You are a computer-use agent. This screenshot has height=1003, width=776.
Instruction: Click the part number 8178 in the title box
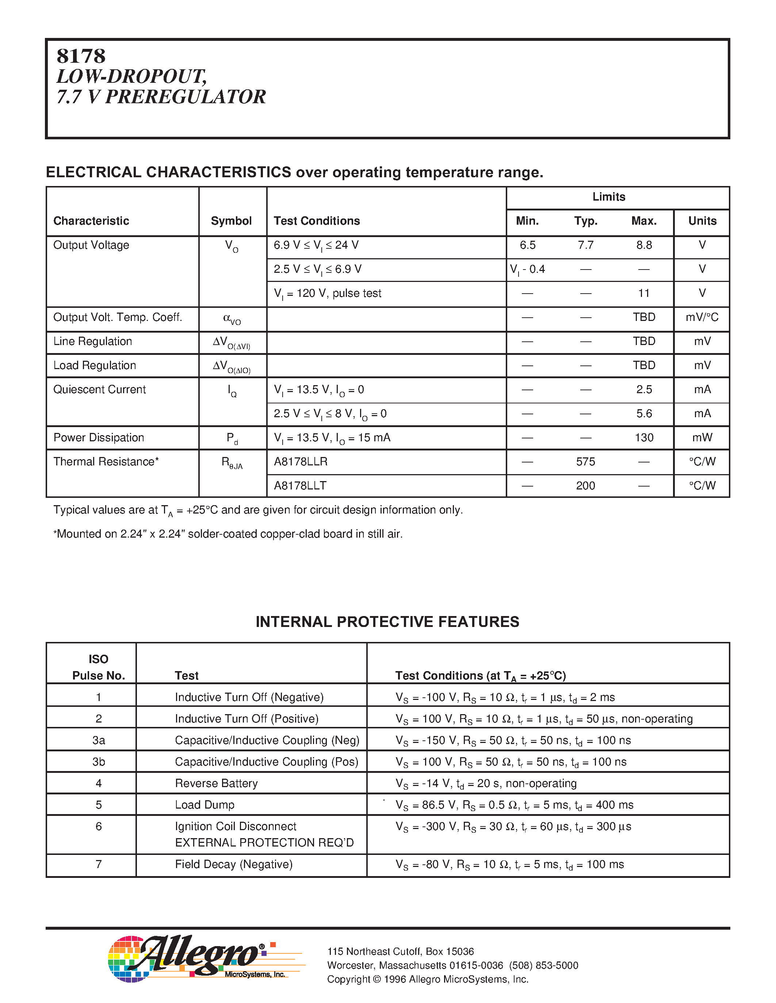coord(81,57)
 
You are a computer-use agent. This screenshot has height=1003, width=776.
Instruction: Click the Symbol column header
coord(231,221)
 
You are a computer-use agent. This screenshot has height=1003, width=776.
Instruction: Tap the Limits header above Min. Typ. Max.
coord(609,197)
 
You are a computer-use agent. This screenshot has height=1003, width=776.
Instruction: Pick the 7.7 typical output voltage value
coord(586,245)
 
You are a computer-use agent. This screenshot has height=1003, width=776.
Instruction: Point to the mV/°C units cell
coord(702,317)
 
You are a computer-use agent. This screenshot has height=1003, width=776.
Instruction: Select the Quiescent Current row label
coord(99,390)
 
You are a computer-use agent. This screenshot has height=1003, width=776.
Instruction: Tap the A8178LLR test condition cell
coord(301,461)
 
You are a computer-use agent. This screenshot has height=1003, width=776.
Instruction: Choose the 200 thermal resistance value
coord(586,486)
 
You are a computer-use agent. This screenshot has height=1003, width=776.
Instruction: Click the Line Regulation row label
coord(92,341)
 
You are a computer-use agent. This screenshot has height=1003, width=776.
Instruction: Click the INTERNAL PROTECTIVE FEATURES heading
coord(387,622)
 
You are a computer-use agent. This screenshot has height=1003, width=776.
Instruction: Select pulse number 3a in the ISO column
coord(98,740)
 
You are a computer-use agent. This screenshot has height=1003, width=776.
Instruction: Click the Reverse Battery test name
coord(216,783)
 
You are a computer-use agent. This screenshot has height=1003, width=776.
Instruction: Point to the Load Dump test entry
coord(204,805)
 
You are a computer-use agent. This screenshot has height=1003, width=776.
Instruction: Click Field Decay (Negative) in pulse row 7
coord(234,864)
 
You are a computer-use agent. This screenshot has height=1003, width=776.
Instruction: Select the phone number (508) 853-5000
coord(543,965)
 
